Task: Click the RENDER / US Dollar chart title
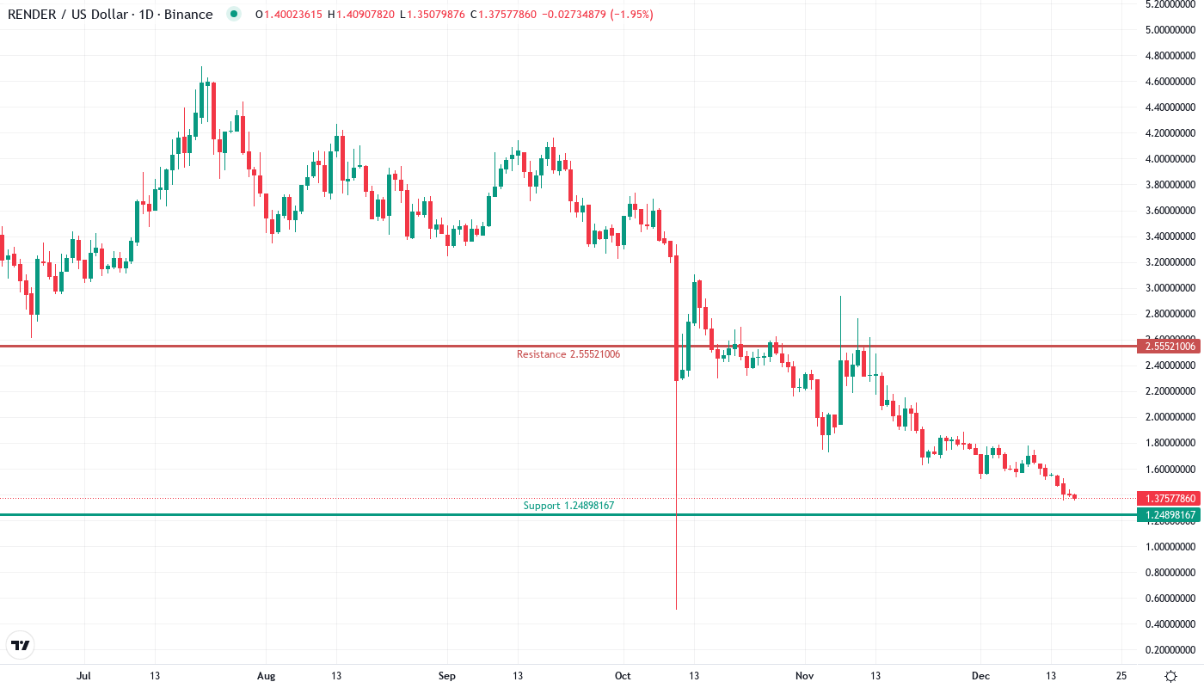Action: (110, 14)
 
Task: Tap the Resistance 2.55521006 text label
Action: (568, 354)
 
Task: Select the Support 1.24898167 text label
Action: (568, 506)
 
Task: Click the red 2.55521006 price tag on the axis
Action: (1168, 347)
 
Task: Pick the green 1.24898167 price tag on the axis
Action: (1168, 515)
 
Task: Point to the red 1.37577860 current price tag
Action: (1168, 499)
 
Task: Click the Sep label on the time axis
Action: (446, 676)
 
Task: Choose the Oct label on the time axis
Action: (623, 676)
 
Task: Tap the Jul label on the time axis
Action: (83, 676)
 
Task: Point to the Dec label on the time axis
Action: (980, 676)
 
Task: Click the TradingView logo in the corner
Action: (20, 645)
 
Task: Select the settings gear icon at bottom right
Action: (1170, 676)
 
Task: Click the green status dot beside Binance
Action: (233, 14)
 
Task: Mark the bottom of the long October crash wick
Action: (677, 609)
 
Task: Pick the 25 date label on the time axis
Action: (1121, 676)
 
